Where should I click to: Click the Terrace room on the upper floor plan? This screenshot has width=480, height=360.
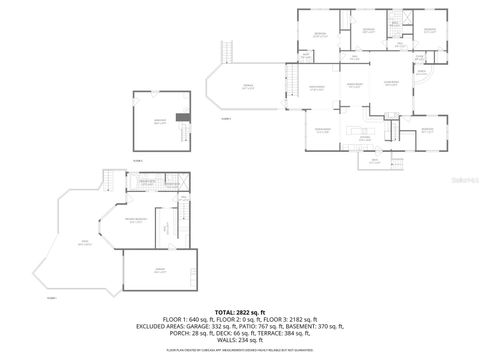[247, 88]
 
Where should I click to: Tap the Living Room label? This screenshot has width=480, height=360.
[391, 83]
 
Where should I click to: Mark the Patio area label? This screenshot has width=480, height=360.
[85, 243]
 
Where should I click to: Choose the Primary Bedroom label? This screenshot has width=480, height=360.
[136, 220]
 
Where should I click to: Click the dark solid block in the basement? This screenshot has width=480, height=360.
[180, 118]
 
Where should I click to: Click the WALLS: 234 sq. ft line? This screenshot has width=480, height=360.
[239, 340]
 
